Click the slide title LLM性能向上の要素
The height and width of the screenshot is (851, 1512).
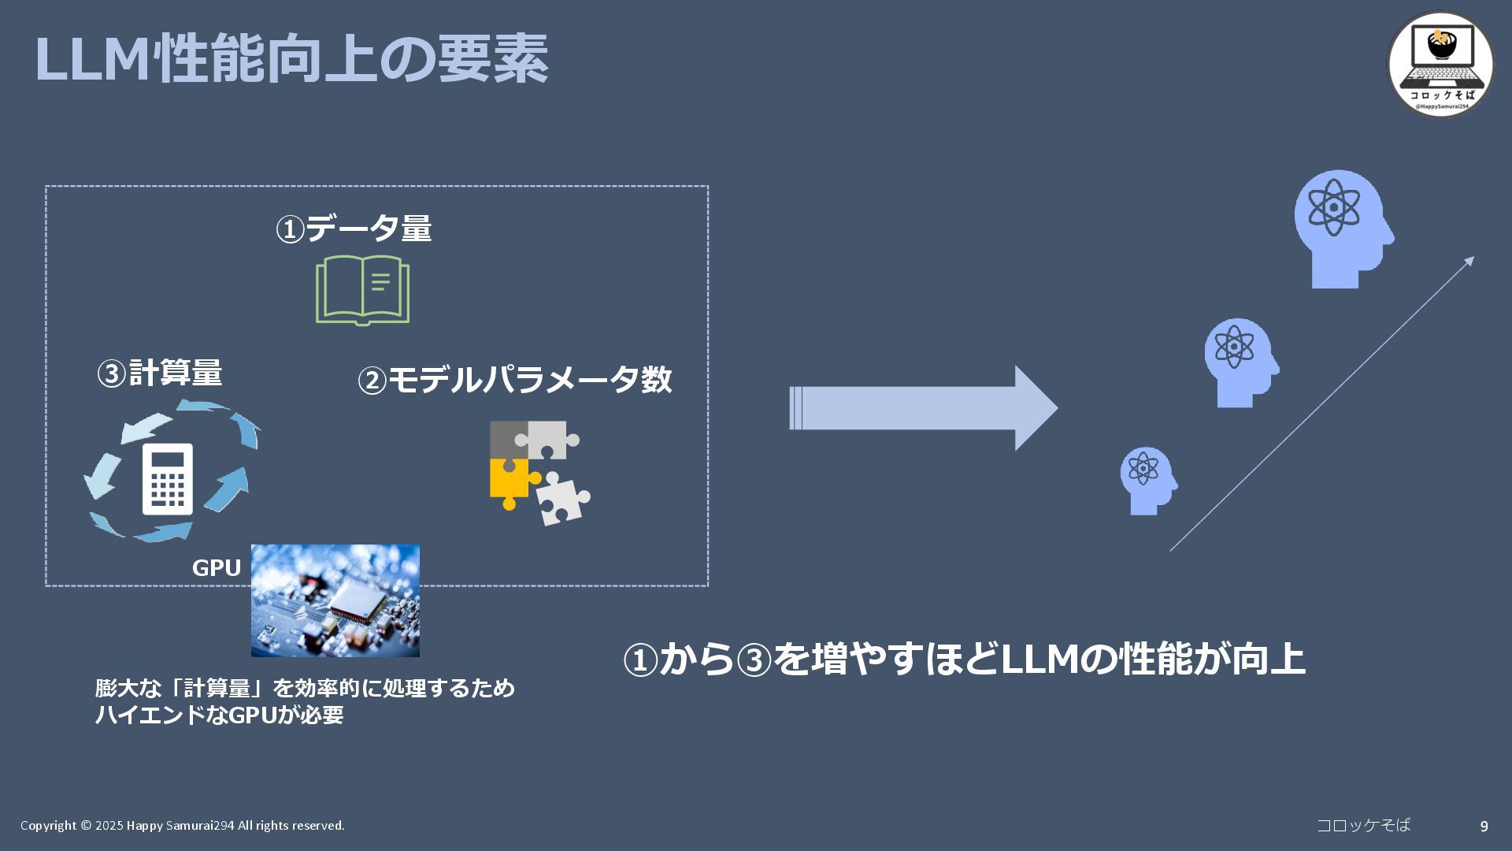[291, 59]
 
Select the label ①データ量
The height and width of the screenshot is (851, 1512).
[354, 229]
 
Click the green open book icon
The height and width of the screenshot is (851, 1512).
[362, 289]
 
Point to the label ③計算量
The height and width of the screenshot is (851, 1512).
[159, 373]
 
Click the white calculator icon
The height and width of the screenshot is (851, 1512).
[168, 479]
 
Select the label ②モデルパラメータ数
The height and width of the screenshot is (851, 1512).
[514, 380]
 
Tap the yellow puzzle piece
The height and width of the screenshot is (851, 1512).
[510, 481]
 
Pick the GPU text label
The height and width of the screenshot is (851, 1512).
[217, 568]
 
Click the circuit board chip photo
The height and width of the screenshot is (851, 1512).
[335, 600]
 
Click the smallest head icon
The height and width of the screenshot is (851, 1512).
[1147, 481]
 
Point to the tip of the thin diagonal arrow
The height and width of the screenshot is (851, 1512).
[1472, 258]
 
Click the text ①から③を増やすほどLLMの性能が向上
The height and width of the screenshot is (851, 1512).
[964, 659]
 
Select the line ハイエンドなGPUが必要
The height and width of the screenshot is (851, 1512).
[220, 715]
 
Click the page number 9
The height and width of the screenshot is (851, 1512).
[1484, 827]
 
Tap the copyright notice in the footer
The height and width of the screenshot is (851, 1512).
[183, 826]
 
